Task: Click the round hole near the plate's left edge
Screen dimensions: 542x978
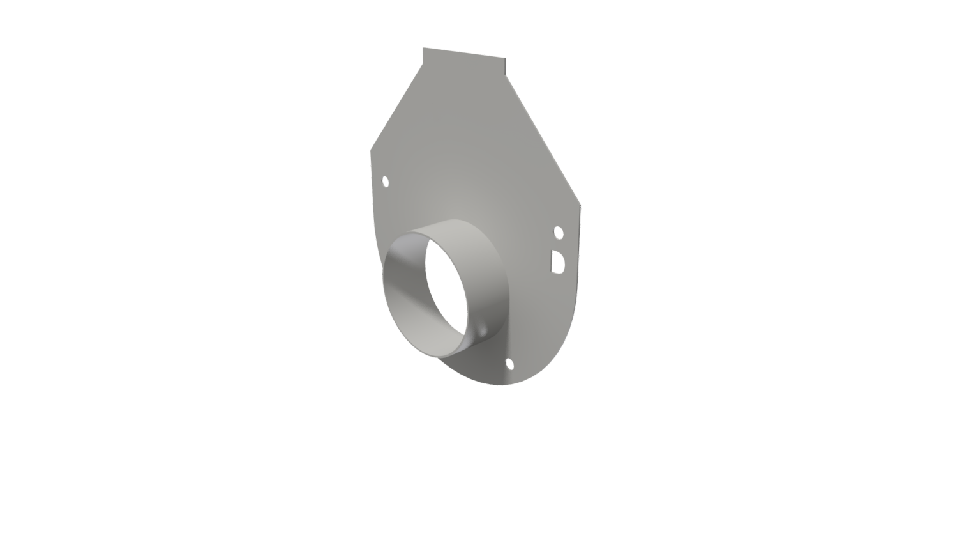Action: [x=386, y=182]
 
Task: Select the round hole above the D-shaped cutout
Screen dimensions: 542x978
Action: [x=559, y=233]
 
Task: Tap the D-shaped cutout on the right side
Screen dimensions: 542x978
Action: [x=558, y=262]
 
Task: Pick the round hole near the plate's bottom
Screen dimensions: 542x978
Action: [x=509, y=364]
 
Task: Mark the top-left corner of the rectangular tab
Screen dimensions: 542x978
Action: [x=423, y=48]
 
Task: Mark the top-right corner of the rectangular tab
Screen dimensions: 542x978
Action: [x=505, y=58]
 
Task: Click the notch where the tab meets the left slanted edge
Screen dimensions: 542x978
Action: [x=423, y=63]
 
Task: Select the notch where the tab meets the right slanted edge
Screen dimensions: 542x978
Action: [x=506, y=75]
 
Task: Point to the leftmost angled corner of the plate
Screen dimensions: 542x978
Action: [x=371, y=151]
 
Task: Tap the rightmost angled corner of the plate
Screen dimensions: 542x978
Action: [x=580, y=205]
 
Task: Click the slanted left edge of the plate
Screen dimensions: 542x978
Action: [x=396, y=107]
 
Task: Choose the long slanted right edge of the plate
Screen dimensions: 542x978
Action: [x=543, y=139]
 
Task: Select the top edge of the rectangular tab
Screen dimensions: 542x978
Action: [x=464, y=53]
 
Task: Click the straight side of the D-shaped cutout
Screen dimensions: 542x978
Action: [x=552, y=261]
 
